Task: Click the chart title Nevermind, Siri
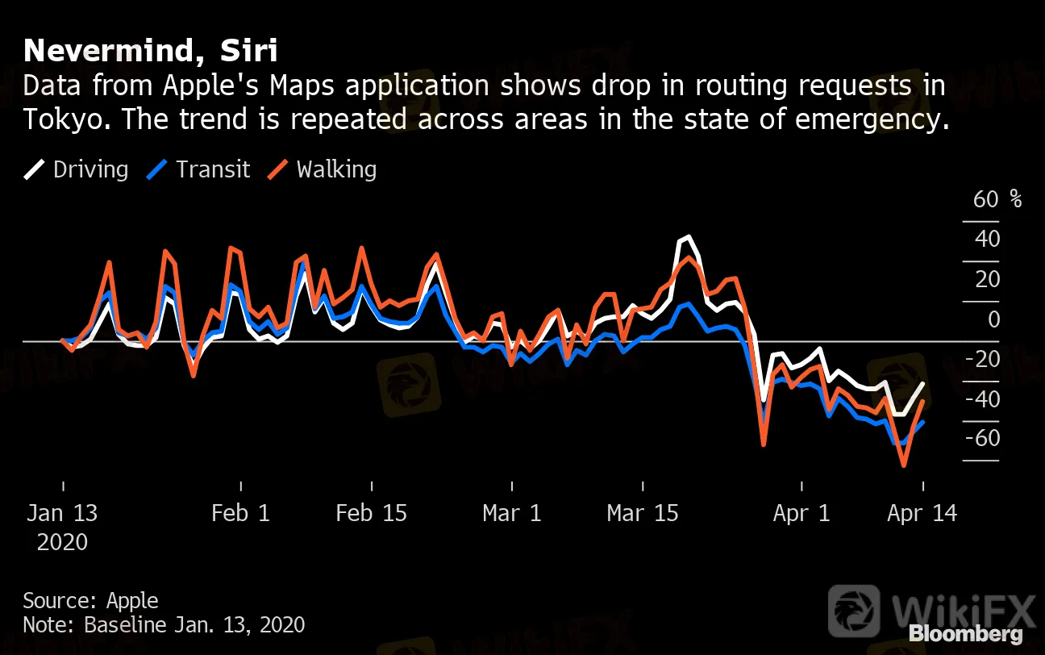(151, 51)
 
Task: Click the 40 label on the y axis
(987, 240)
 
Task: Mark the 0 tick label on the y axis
(993, 319)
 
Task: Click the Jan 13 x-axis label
(62, 513)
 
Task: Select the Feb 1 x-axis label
(240, 513)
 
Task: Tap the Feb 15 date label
(372, 513)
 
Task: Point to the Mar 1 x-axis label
(512, 513)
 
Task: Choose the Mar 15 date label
(643, 513)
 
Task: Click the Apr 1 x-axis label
(801, 513)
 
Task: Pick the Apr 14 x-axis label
(922, 513)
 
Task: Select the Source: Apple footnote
(90, 600)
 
